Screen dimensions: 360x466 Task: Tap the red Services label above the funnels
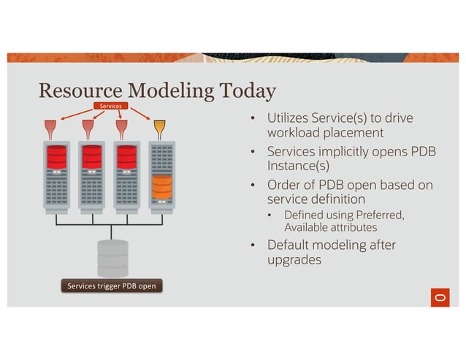(x=111, y=107)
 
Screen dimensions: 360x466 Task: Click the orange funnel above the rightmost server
(x=159, y=129)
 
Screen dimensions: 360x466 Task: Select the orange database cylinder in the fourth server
(x=161, y=186)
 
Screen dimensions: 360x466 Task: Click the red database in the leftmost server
(x=57, y=156)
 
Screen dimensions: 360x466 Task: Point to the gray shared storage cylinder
(x=112, y=256)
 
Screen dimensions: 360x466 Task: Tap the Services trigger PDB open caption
(x=112, y=286)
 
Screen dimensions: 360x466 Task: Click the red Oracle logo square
(x=439, y=297)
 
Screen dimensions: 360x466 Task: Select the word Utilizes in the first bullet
(x=290, y=118)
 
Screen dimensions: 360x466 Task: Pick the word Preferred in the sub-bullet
(x=380, y=215)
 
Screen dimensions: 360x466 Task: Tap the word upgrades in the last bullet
(x=294, y=259)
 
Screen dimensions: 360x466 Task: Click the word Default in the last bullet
(x=290, y=245)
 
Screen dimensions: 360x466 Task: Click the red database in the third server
(x=126, y=156)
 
